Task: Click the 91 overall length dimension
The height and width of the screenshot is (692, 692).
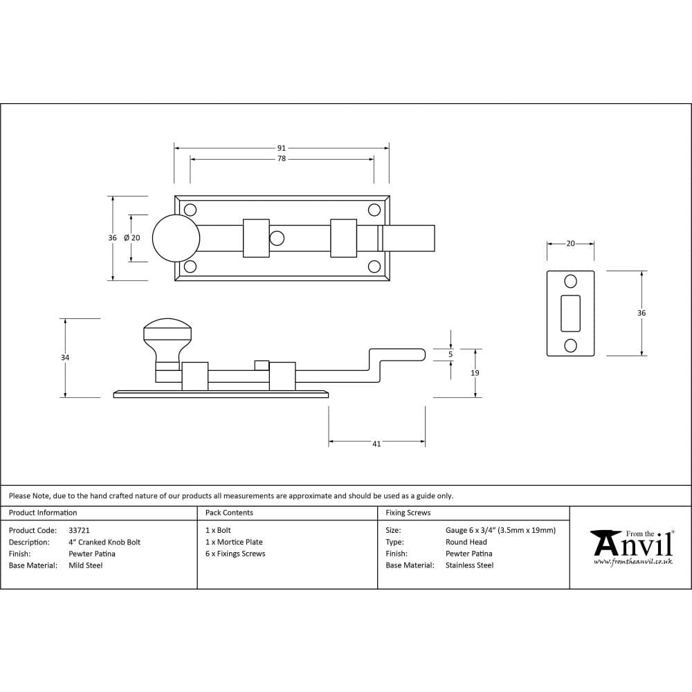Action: point(281,148)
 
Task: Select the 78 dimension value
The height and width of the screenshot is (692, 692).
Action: point(281,159)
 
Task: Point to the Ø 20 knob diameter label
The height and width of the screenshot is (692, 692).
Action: point(131,238)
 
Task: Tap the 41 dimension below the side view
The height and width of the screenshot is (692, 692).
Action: point(376,444)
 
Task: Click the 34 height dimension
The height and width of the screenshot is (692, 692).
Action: point(65,358)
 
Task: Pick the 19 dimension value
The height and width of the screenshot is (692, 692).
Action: point(475,373)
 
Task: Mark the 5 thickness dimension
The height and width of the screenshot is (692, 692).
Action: point(450,354)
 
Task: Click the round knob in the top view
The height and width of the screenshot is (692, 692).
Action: point(176,238)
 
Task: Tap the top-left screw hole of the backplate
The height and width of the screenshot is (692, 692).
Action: point(190,210)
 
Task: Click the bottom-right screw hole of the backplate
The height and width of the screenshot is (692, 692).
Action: point(374,266)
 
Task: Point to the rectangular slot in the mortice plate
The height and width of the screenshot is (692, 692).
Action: point(570,313)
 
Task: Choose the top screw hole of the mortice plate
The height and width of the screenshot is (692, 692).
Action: point(570,281)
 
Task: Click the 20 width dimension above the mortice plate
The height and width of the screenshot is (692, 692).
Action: point(570,244)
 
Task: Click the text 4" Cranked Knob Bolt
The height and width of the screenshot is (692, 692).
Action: point(104,542)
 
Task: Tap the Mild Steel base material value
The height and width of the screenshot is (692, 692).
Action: point(85,565)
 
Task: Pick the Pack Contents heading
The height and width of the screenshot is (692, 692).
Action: point(229,513)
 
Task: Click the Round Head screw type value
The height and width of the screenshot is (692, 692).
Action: point(466,542)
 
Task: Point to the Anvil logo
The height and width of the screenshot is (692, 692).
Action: point(632,547)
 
